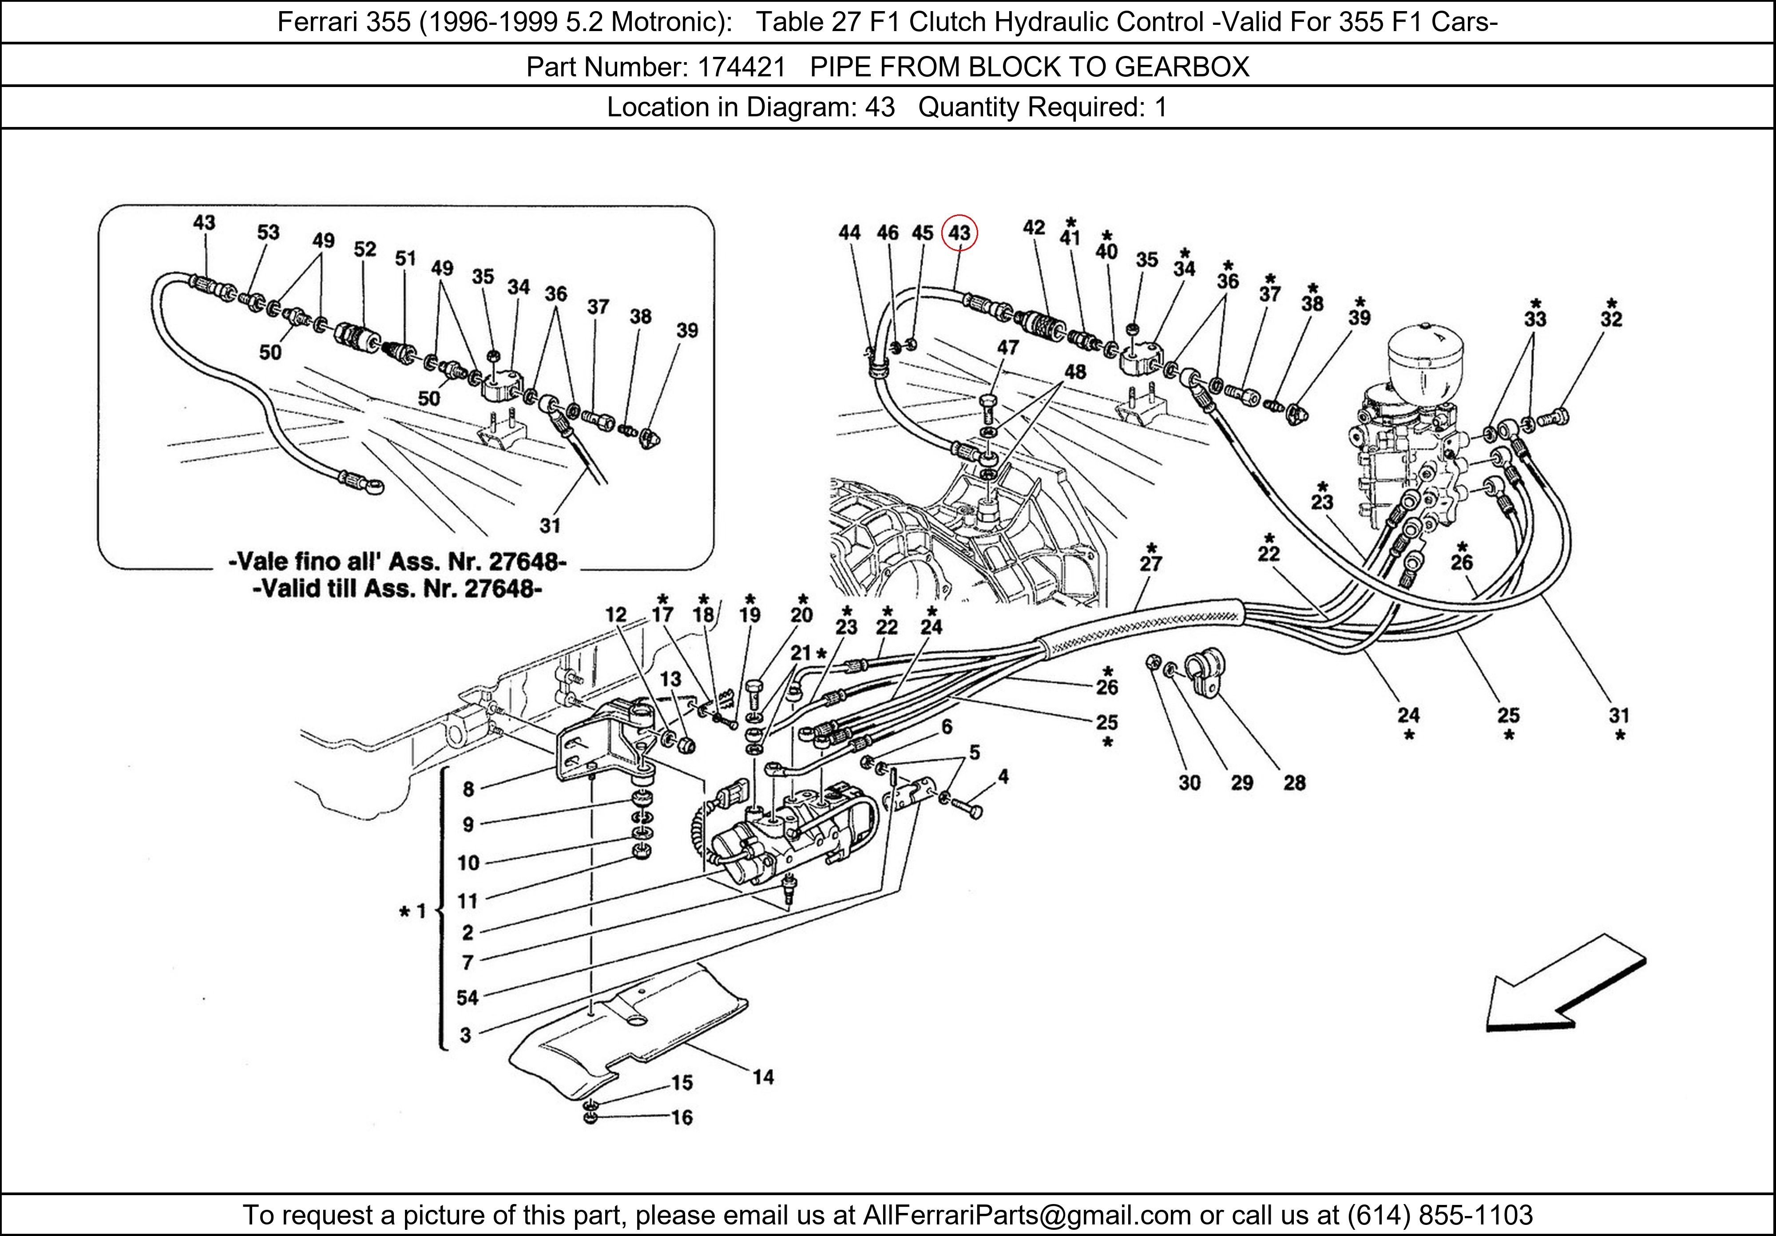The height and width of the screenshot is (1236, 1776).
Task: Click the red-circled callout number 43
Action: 959,233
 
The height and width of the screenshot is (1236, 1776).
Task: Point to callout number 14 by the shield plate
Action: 763,1077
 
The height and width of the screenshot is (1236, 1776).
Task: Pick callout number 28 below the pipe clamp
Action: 1294,783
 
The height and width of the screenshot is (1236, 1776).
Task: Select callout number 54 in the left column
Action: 467,997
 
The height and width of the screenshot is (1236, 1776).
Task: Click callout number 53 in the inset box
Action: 268,232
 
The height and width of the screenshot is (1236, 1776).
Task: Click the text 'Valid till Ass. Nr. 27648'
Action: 397,589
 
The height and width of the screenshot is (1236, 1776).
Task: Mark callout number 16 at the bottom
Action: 682,1117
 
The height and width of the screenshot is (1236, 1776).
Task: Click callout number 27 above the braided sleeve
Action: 1151,564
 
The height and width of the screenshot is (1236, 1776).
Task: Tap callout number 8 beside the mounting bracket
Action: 468,789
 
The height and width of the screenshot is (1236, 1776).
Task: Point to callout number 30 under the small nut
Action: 1189,783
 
